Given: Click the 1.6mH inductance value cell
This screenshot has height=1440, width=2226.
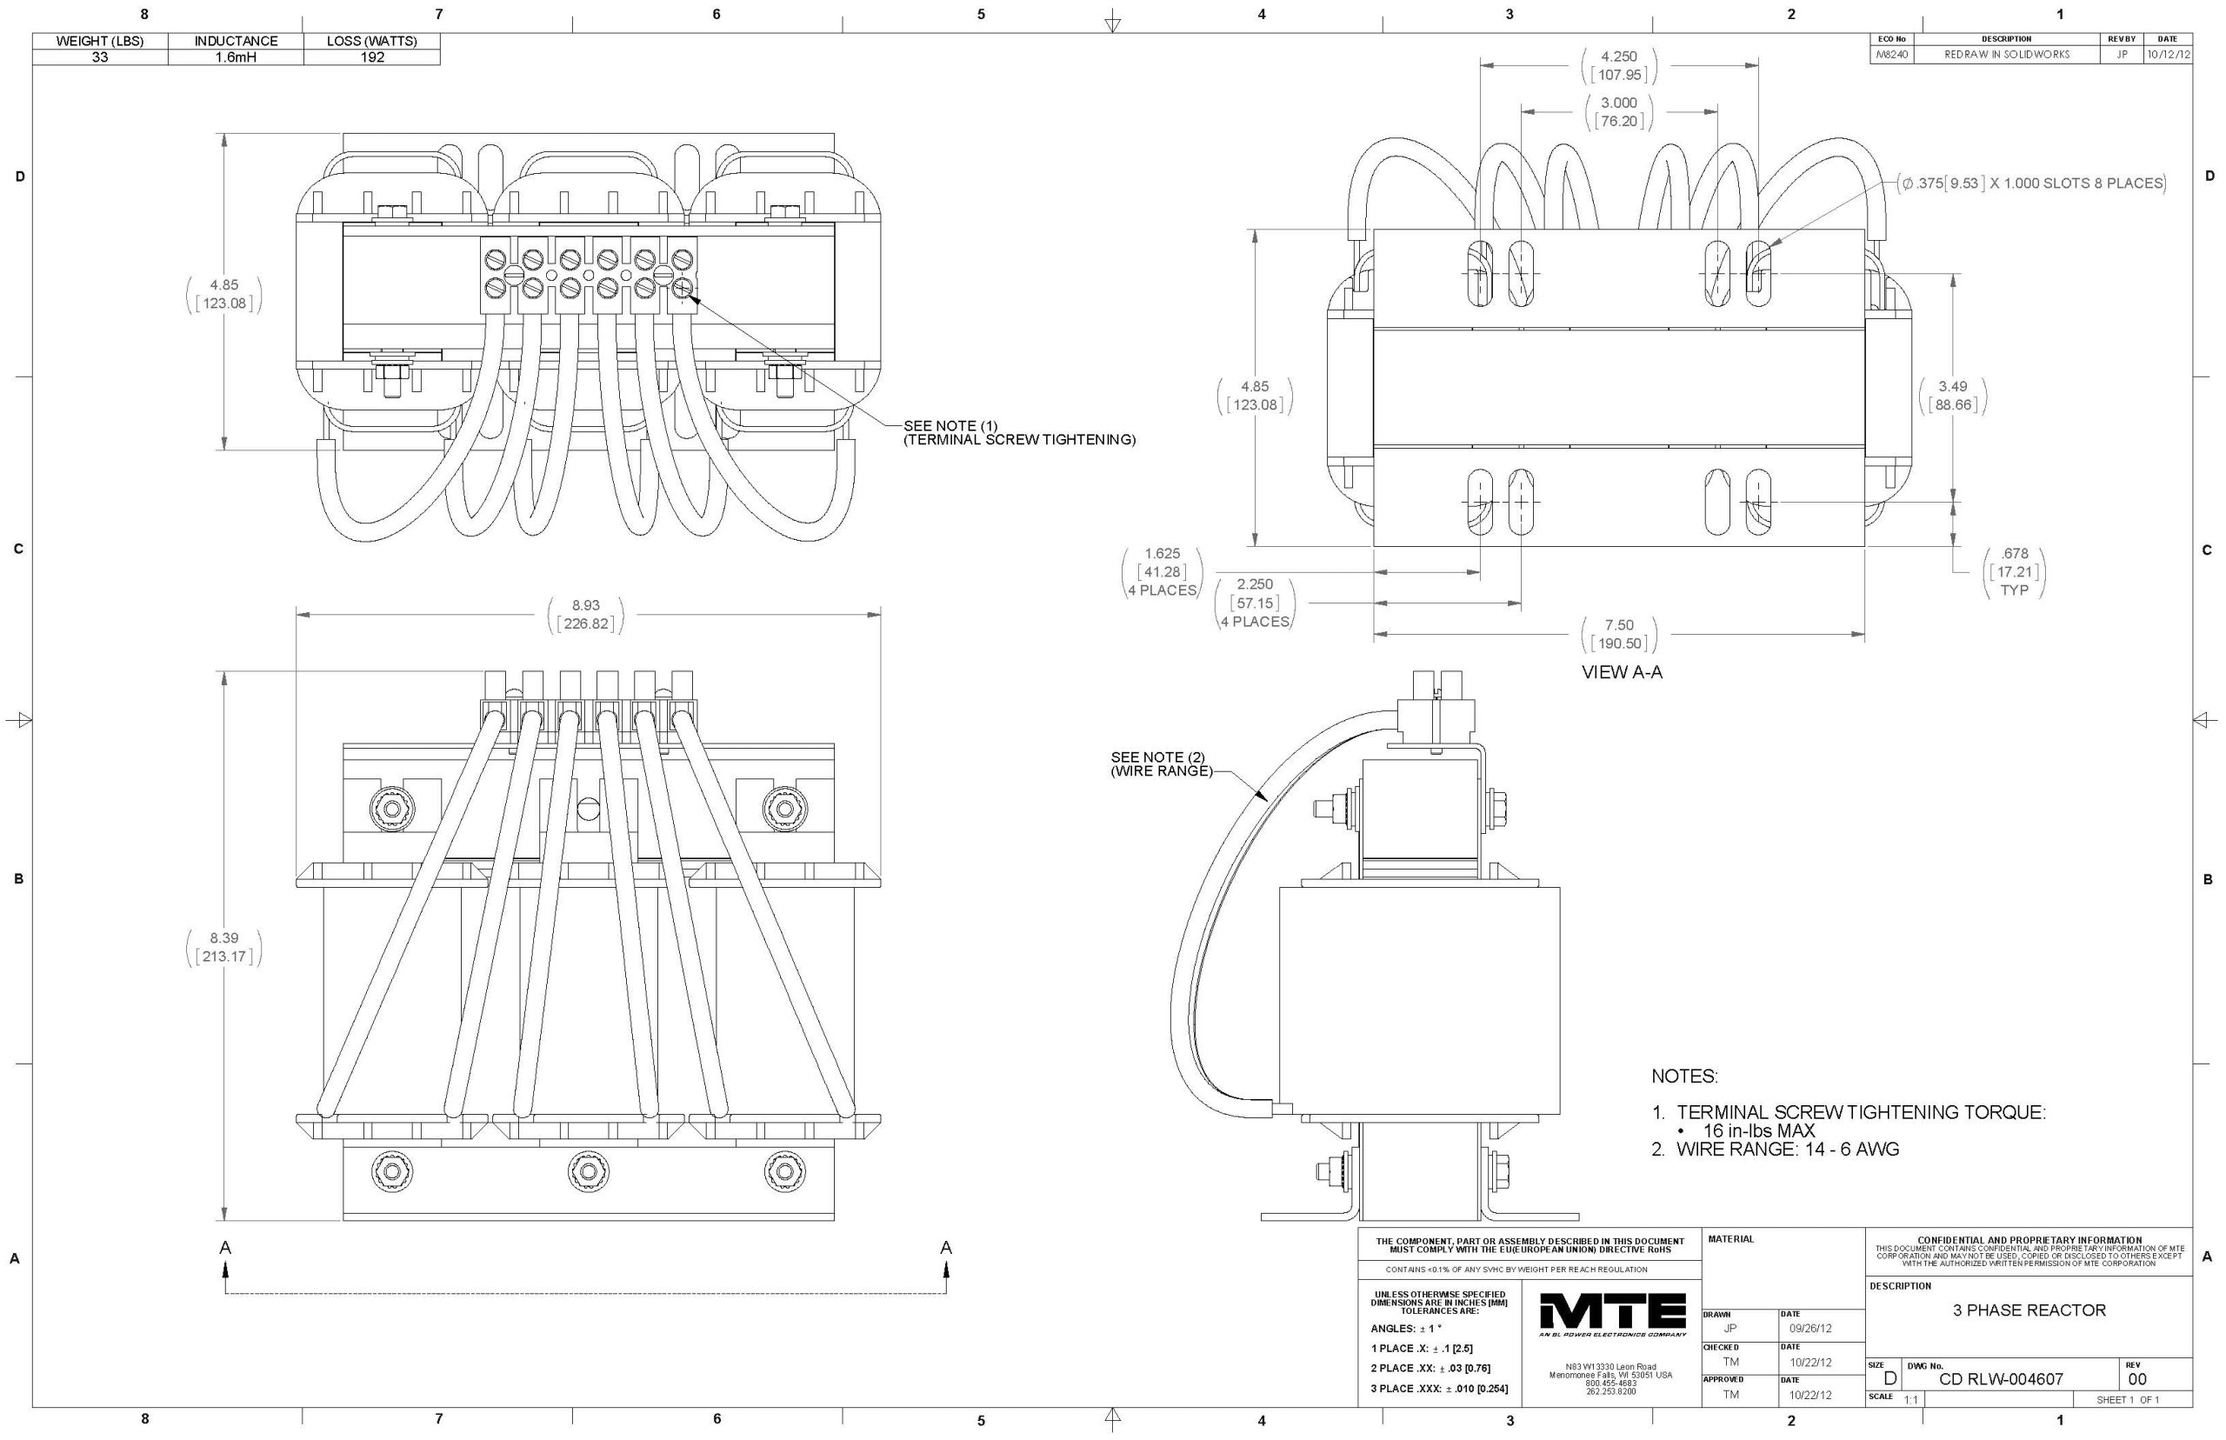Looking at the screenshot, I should coord(236,57).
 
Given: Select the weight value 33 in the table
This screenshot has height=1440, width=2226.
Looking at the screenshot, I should coord(100,57).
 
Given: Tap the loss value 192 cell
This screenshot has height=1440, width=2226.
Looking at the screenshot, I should coord(372,57).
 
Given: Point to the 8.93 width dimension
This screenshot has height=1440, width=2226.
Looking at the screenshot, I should coord(585,606).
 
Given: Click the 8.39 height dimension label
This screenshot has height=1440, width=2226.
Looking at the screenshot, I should coord(223,938).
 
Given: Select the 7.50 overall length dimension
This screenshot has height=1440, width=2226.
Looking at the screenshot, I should coord(1619,625).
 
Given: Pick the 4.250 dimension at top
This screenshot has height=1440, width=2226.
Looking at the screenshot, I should coord(1618,57).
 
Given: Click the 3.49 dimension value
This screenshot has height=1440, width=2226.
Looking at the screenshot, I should coord(1952,387).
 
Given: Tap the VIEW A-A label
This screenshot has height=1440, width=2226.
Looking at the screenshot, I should coord(1621,672).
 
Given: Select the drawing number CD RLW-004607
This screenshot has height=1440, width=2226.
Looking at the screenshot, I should coord(2001,1379).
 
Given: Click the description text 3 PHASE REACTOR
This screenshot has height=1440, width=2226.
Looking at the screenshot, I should coord(2029,1310).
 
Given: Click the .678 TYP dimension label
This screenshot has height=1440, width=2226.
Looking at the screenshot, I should coord(2014,571).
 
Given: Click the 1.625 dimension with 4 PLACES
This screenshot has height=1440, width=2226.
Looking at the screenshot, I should coord(1162,571).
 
